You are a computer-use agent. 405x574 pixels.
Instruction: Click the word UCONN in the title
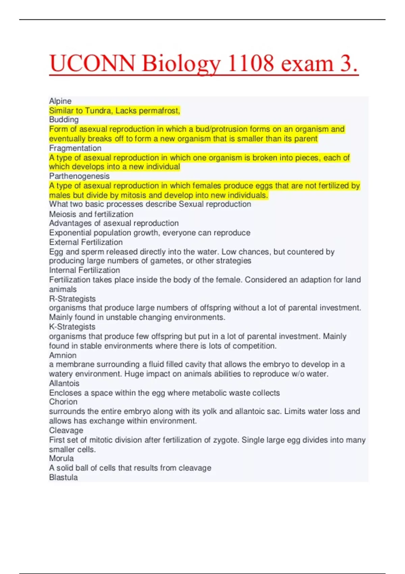click(x=92, y=63)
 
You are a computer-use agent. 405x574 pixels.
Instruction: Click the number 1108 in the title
click(x=251, y=63)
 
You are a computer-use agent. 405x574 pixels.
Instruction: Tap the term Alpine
click(x=60, y=101)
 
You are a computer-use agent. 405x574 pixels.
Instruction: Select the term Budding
click(x=64, y=120)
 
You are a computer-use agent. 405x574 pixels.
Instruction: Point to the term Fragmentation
click(x=75, y=148)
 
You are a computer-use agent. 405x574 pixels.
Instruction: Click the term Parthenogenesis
click(x=79, y=176)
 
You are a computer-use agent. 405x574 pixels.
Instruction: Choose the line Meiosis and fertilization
click(x=91, y=214)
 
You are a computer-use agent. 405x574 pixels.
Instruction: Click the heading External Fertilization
click(x=86, y=242)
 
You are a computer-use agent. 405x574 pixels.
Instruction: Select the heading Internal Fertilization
click(x=84, y=270)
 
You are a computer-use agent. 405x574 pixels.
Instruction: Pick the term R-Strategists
click(x=72, y=298)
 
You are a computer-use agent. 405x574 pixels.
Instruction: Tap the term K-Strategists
click(x=72, y=327)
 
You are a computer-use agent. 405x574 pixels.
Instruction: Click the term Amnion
click(x=63, y=355)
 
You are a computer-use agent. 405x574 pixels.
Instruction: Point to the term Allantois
click(x=64, y=383)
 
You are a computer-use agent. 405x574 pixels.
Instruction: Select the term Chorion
click(x=63, y=402)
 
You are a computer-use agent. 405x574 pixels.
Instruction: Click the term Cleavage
click(x=66, y=430)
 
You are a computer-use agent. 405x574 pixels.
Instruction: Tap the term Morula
click(x=61, y=458)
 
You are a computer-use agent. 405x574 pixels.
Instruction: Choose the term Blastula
click(x=63, y=477)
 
